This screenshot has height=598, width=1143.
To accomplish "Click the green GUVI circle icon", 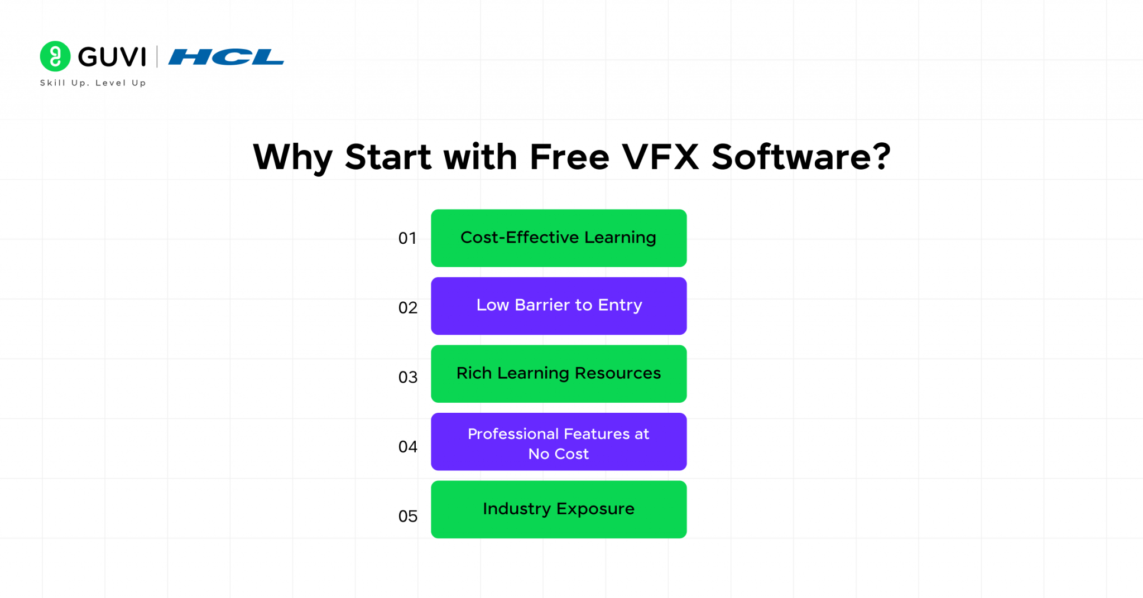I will [x=55, y=56].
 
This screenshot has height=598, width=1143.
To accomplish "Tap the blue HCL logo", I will [x=226, y=57].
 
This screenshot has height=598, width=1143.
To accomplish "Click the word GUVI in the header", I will [x=112, y=57].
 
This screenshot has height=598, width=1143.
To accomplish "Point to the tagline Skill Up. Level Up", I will [x=93, y=83].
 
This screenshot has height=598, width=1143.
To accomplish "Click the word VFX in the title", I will [x=660, y=157].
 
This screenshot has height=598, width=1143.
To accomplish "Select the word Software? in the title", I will [x=801, y=157].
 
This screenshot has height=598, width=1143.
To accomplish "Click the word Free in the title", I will [x=569, y=157].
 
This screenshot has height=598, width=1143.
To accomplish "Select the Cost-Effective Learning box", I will [x=559, y=238].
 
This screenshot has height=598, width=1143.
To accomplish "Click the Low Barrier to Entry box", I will [x=559, y=306].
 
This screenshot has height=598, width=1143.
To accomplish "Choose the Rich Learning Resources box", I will [x=559, y=374].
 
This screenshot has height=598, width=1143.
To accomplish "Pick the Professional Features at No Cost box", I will [x=559, y=442].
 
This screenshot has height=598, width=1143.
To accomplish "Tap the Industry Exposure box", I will [x=559, y=509].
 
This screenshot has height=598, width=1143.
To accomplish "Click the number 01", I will [x=407, y=239].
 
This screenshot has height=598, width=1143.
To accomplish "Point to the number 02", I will [x=408, y=308].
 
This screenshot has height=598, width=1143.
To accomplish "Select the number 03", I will [x=408, y=378].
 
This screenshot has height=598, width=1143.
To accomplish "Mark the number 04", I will [x=408, y=447].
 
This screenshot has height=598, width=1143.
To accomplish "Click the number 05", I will [x=408, y=517].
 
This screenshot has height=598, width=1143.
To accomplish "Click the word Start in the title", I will [x=388, y=157].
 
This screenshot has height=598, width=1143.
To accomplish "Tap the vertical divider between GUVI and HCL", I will [x=157, y=57].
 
